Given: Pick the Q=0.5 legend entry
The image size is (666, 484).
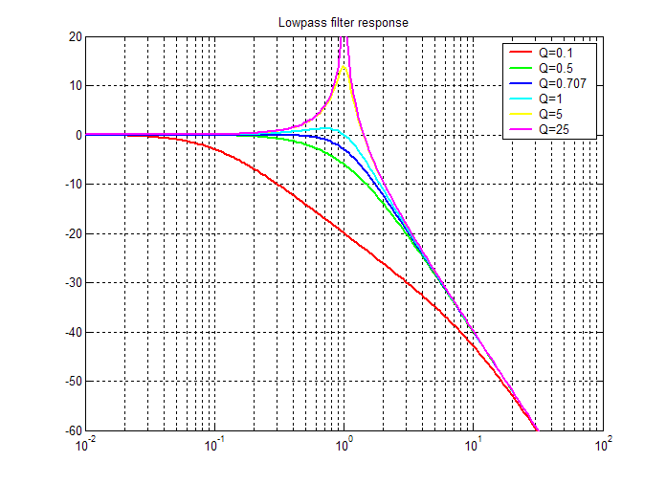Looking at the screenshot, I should [x=555, y=68].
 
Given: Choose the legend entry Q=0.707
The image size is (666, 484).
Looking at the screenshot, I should [x=562, y=83].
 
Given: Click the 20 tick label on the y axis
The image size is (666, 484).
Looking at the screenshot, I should [x=75, y=36].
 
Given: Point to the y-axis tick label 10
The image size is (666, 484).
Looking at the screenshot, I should [x=75, y=85].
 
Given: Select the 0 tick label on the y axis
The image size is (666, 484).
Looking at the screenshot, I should [x=78, y=135].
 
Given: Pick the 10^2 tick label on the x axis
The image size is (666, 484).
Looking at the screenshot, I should [x=603, y=445].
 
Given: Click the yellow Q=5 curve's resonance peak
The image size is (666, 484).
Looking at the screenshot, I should [x=344, y=66].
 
